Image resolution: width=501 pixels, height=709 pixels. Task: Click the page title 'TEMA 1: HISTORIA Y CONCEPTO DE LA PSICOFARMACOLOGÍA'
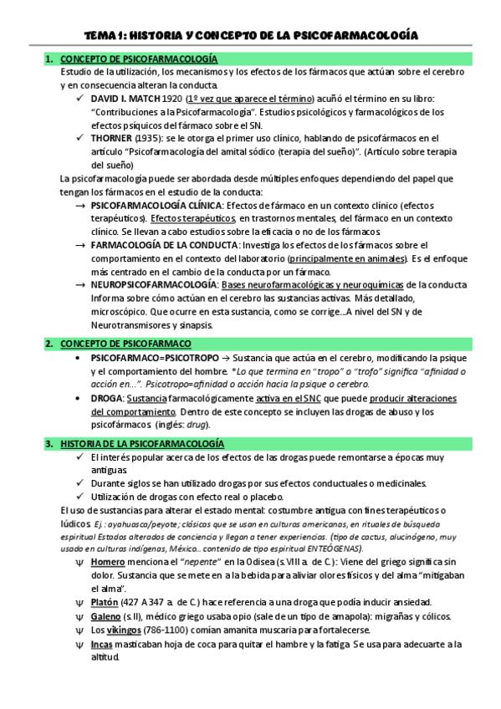pos(250,34)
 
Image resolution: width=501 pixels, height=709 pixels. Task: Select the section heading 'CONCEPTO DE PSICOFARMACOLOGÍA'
pos(140,59)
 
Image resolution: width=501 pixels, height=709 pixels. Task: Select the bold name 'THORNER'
pos(111,138)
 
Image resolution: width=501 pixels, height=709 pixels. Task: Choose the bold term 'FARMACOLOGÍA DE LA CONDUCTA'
pos(164,245)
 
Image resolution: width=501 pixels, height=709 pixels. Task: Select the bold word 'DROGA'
pos(106,398)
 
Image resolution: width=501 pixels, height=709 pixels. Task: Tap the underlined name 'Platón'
pos(105,602)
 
